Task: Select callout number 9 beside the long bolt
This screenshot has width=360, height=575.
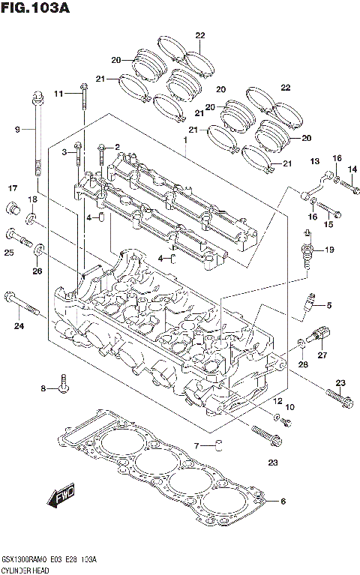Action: pyautogui.click(x=16, y=130)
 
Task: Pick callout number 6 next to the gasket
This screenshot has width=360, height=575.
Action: pyautogui.click(x=282, y=501)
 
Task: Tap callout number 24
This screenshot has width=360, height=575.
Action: pyautogui.click(x=19, y=325)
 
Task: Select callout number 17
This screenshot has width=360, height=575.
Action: pyautogui.click(x=13, y=187)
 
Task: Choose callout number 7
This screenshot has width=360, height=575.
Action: pyautogui.click(x=196, y=446)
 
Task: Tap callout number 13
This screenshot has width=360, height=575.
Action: pyautogui.click(x=314, y=161)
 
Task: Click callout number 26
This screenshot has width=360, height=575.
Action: pyautogui.click(x=36, y=271)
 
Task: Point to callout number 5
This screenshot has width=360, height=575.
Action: pyautogui.click(x=328, y=304)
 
